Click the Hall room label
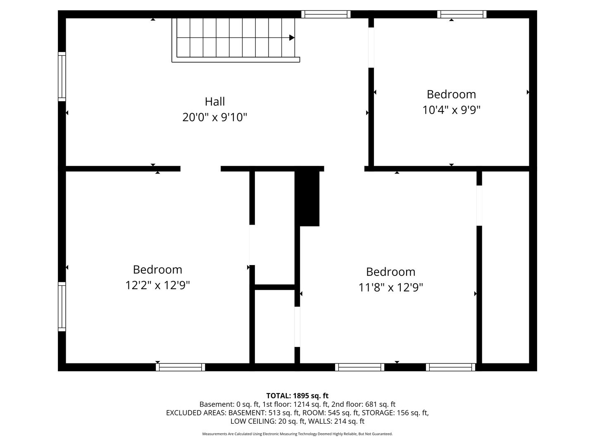[215, 101]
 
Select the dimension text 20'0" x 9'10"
[215, 118]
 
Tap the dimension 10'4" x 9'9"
[451, 110]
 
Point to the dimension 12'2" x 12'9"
[157, 285]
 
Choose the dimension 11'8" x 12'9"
[390, 287]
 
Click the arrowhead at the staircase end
[292, 38]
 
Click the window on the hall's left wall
[62, 76]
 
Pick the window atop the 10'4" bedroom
[462, 14]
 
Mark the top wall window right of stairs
[326, 14]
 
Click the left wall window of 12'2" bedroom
[62, 306]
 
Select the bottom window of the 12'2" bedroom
[181, 367]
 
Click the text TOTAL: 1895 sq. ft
[297, 396]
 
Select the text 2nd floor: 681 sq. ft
[363, 404]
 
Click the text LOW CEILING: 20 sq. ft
[268, 421]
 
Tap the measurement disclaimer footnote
[297, 434]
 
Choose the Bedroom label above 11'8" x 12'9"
[390, 272]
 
